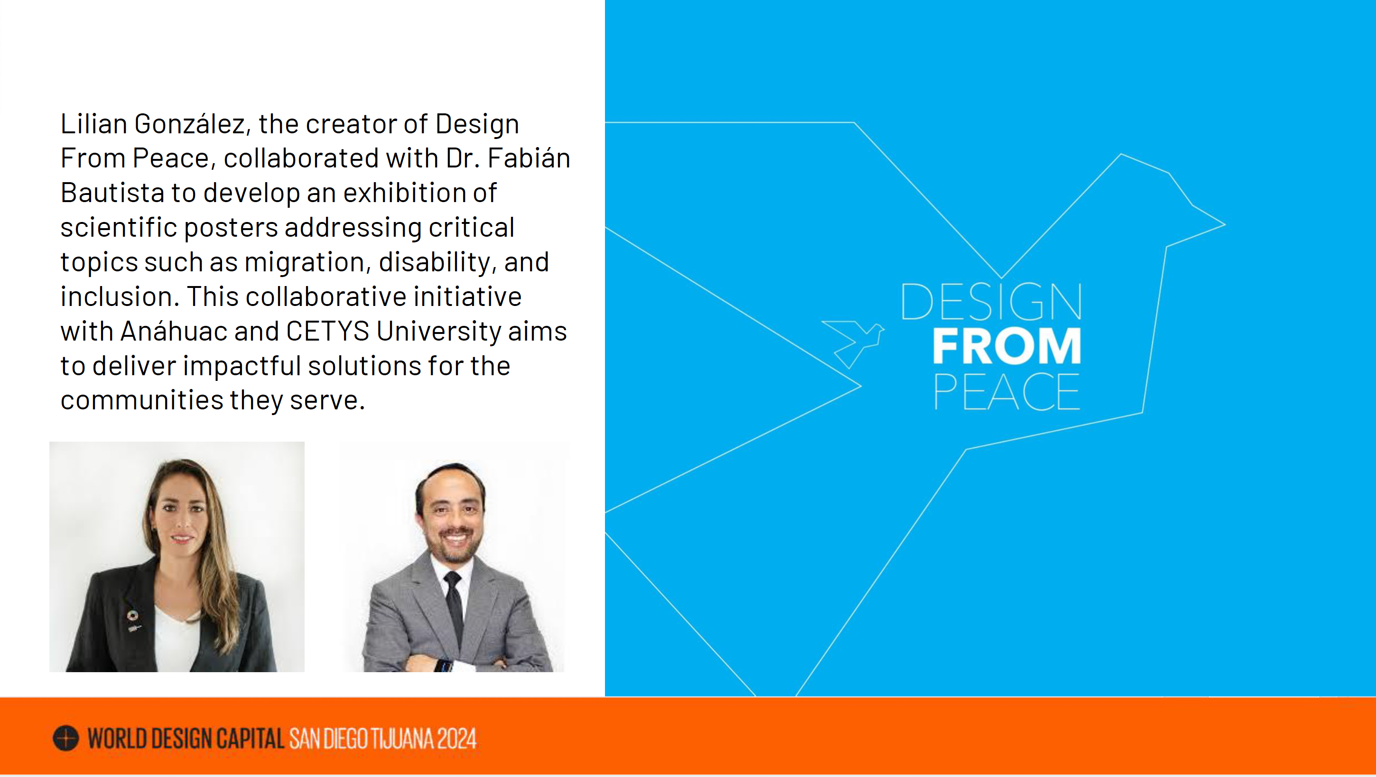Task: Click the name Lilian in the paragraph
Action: coord(93,124)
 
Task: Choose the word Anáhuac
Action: coord(174,331)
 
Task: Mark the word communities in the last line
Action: coord(141,400)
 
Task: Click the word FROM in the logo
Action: coord(1007,346)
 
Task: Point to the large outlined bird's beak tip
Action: coord(1224,225)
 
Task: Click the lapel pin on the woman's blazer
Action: coord(132,620)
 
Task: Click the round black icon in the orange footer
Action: coord(65,739)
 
